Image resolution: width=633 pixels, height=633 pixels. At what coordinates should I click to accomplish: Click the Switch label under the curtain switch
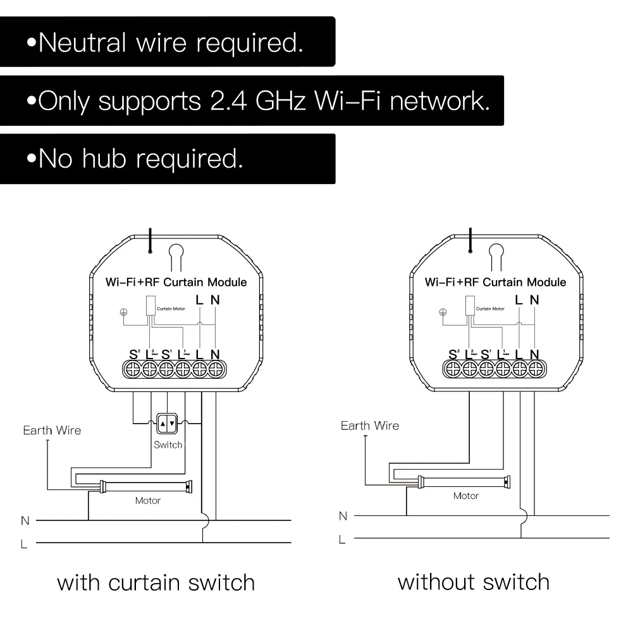click(168, 445)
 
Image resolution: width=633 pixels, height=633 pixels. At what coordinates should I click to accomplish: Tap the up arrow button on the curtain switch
click(163, 424)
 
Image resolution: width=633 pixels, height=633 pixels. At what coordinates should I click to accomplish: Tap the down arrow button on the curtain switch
click(172, 424)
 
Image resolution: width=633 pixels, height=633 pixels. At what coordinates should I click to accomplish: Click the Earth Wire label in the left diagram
click(52, 431)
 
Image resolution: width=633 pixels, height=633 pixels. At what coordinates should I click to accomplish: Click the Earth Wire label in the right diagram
click(370, 426)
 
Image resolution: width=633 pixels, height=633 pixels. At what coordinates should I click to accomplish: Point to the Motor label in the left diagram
click(148, 501)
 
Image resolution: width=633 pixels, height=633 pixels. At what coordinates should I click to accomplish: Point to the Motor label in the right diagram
click(466, 496)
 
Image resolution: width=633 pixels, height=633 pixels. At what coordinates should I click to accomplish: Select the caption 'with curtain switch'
click(156, 582)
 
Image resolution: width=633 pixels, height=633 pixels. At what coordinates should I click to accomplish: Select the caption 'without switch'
click(474, 581)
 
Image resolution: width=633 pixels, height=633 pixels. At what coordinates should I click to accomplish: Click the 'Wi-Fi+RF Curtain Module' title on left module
click(175, 282)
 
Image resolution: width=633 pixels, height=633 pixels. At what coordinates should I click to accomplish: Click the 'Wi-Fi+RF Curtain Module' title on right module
click(495, 281)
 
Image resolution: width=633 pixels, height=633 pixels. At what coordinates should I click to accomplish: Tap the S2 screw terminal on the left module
click(133, 369)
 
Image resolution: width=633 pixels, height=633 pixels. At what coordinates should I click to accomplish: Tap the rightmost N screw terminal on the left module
click(216, 369)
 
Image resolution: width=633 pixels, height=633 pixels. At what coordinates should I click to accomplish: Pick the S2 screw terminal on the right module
click(453, 369)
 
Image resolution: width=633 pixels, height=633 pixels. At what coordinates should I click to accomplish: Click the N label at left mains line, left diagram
click(25, 520)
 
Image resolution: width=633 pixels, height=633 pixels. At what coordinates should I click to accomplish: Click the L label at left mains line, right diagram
click(342, 539)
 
